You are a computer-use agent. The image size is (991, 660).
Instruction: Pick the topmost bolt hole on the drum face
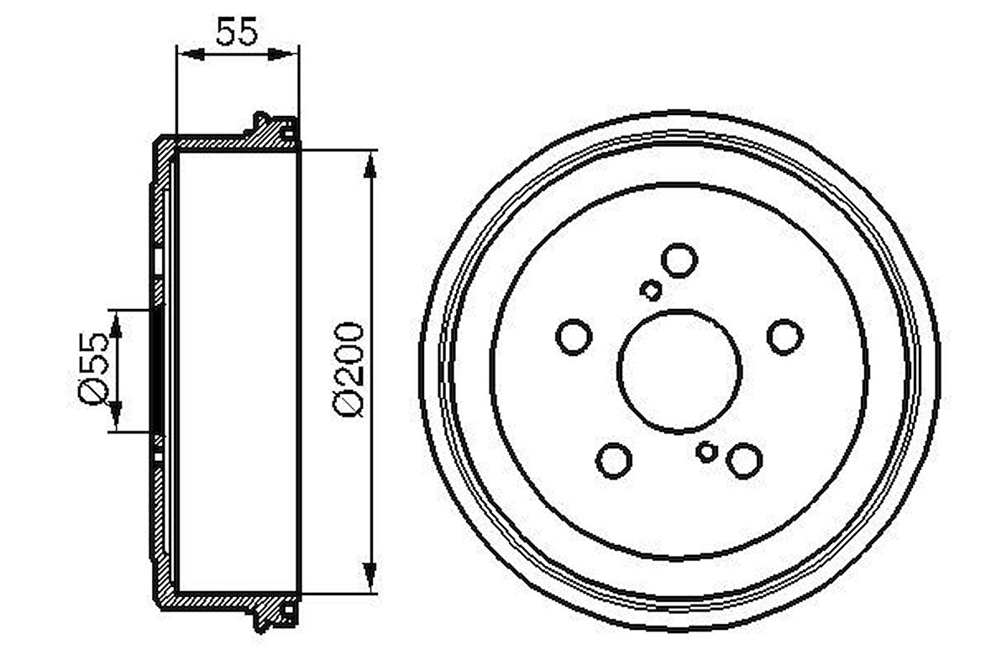(679, 259)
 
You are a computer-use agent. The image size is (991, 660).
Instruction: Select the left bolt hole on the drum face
(574, 336)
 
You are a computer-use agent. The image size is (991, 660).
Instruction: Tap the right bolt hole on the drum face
(784, 336)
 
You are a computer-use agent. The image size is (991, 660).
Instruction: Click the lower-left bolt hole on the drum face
(614, 459)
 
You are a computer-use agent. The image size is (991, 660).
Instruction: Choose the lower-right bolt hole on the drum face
(744, 461)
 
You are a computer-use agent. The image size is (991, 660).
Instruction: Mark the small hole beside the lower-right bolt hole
(707, 452)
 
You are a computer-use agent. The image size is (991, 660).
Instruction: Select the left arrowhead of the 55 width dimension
(190, 55)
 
